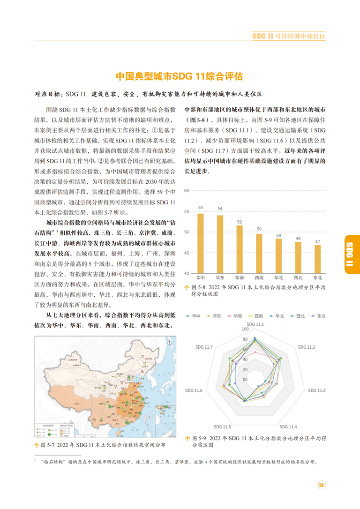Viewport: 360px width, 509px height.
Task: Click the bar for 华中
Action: pyautogui.click(x=200, y=243)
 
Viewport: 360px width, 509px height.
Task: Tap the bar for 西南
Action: pyautogui.click(x=259, y=253)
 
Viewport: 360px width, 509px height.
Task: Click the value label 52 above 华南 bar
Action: pyautogui.click(x=240, y=222)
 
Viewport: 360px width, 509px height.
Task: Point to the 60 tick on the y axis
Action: pyautogui.click(x=186, y=191)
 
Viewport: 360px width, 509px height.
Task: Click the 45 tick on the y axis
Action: pyautogui.click(x=186, y=253)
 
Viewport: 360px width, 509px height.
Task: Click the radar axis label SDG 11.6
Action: pyautogui.click(x=205, y=390)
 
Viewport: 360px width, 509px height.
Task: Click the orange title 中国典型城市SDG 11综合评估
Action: pyautogui.click(x=180, y=76)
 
